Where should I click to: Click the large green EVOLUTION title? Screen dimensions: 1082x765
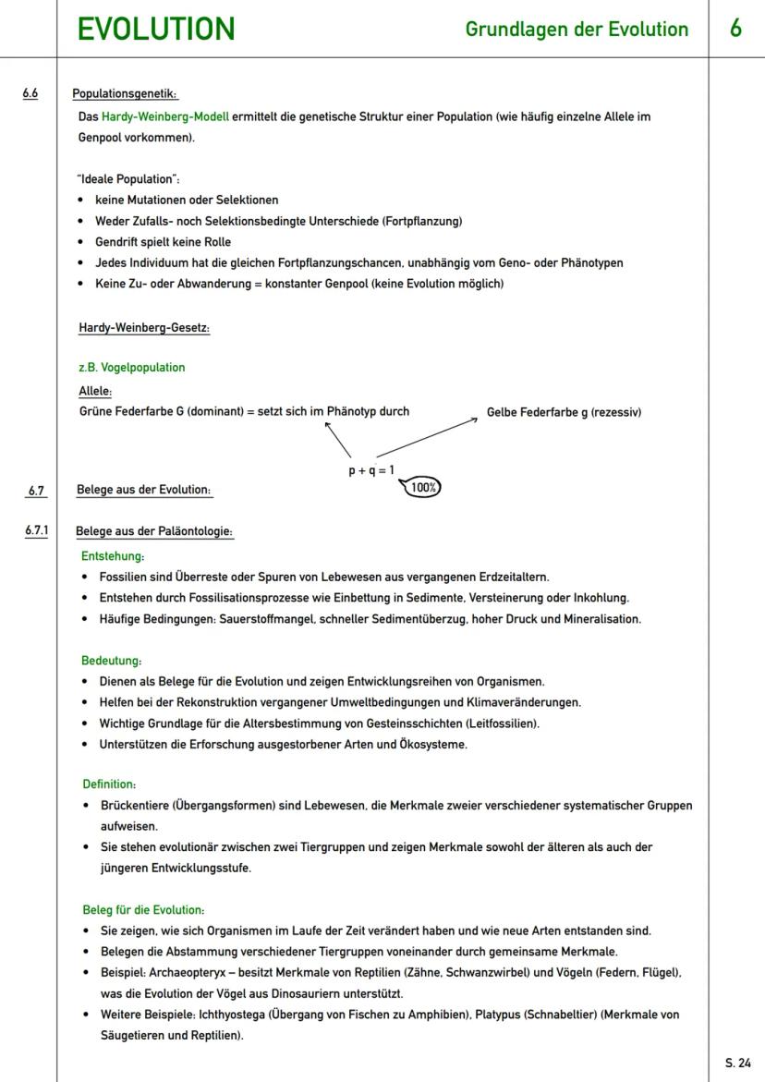coord(155,29)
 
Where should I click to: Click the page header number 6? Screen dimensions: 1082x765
coord(735,29)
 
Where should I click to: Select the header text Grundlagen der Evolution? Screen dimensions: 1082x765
coord(577,30)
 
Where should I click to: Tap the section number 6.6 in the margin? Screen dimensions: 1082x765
coord(31,93)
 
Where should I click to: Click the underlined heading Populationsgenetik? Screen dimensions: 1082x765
coord(125,94)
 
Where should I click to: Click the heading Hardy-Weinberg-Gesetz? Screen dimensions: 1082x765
coord(144,328)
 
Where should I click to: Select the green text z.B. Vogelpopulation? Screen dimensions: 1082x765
coord(132,368)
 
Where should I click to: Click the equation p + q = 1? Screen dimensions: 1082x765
coord(370,470)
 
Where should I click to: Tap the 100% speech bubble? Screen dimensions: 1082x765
coord(422,487)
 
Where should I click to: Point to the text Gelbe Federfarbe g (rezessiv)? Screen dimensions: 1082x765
coord(564,412)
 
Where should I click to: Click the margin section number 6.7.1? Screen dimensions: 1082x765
coord(37,531)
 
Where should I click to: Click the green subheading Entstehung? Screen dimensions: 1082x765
coord(113,556)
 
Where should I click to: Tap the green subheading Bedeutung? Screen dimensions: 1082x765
coord(112,662)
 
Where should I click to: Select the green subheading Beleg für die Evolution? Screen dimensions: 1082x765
coord(143,910)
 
